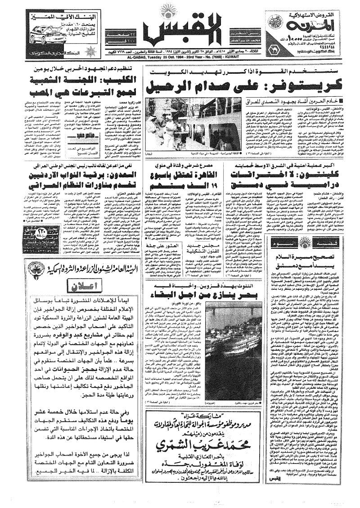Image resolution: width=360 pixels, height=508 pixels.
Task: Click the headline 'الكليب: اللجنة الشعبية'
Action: pyautogui.click(x=76, y=83)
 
